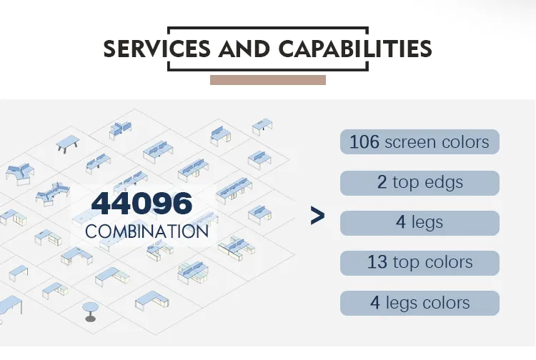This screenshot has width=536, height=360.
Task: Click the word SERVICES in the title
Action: pyautogui.click(x=157, y=49)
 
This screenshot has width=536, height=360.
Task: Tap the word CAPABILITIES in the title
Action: pyautogui.click(x=355, y=49)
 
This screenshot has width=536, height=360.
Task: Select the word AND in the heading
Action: pyautogui.click(x=244, y=49)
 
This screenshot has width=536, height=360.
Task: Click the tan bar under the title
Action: pyautogui.click(x=268, y=80)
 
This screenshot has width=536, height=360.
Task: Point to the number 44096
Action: pyautogui.click(x=142, y=204)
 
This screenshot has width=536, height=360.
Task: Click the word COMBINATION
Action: pyautogui.click(x=147, y=231)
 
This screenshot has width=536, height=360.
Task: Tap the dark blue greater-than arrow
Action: pyautogui.click(x=317, y=216)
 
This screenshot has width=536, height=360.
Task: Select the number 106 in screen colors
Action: pyautogui.click(x=364, y=141)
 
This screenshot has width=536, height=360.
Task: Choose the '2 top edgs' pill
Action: pyautogui.click(x=420, y=183)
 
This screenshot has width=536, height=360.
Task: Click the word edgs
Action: pyautogui.click(x=444, y=183)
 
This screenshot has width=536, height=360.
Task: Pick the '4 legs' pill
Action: pyautogui.click(x=420, y=223)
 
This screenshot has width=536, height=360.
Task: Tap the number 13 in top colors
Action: pyautogui.click(x=377, y=262)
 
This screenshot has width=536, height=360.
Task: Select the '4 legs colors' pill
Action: pyautogui.click(x=420, y=303)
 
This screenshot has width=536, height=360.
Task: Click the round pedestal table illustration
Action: pyautogui.click(x=90, y=311)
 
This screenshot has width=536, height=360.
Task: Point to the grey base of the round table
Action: pyautogui.click(x=90, y=319)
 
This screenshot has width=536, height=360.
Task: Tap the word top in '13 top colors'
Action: pyautogui.click(x=406, y=263)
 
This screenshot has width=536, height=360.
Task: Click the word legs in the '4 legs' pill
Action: pyautogui.click(x=427, y=223)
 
